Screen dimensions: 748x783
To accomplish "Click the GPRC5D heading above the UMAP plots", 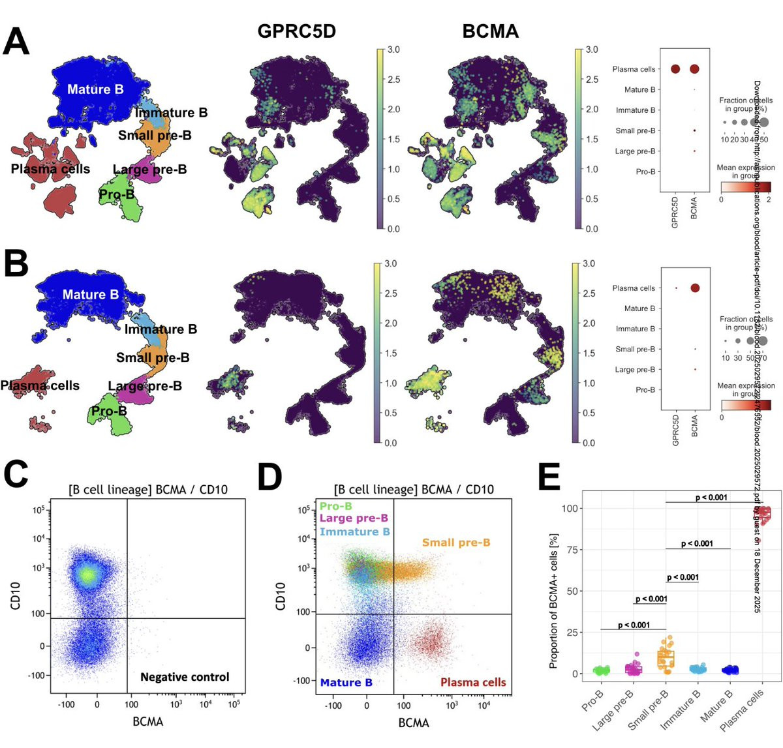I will [x=296, y=31].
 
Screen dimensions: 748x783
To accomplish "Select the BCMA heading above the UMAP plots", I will [x=490, y=31].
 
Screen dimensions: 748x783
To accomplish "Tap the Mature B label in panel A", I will [x=95, y=89].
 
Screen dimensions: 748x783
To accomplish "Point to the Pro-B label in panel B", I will [x=109, y=411].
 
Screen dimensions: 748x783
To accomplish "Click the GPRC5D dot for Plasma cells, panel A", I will [x=675, y=69].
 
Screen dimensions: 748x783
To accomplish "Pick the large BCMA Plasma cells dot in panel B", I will [x=694, y=288].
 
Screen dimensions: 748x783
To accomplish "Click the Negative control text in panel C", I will [x=185, y=677].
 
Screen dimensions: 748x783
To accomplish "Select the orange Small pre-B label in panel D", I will [x=455, y=543].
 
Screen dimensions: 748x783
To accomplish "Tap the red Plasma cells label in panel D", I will [x=473, y=683].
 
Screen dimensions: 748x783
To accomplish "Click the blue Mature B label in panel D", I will [x=346, y=683].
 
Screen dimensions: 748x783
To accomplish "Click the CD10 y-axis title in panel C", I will [x=14, y=597].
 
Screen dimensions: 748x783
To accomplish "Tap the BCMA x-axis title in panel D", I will [x=413, y=723].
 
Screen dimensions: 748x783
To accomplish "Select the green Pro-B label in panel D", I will [x=336, y=506].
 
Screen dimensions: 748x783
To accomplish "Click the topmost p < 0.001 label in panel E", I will [x=711, y=498].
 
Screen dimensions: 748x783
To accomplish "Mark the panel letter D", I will [x=269, y=477].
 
